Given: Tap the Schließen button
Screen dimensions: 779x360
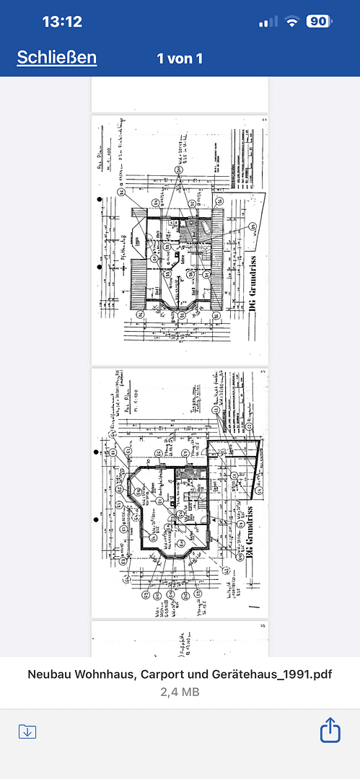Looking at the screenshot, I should click(57, 58).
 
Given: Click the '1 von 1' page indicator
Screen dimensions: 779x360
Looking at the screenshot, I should click(180, 58).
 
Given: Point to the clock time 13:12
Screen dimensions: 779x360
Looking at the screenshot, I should click(62, 22).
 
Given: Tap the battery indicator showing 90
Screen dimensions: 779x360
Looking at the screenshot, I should click(318, 22).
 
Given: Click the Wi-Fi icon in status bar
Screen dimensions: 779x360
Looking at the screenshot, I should click(291, 22).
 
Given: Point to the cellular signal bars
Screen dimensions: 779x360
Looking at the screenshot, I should click(268, 22).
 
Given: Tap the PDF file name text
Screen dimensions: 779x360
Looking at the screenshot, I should click(180, 675).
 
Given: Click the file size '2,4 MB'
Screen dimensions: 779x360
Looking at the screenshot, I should click(180, 692).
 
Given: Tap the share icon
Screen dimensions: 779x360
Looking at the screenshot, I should click(329, 730).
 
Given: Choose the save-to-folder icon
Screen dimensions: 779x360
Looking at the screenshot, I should click(27, 731).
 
